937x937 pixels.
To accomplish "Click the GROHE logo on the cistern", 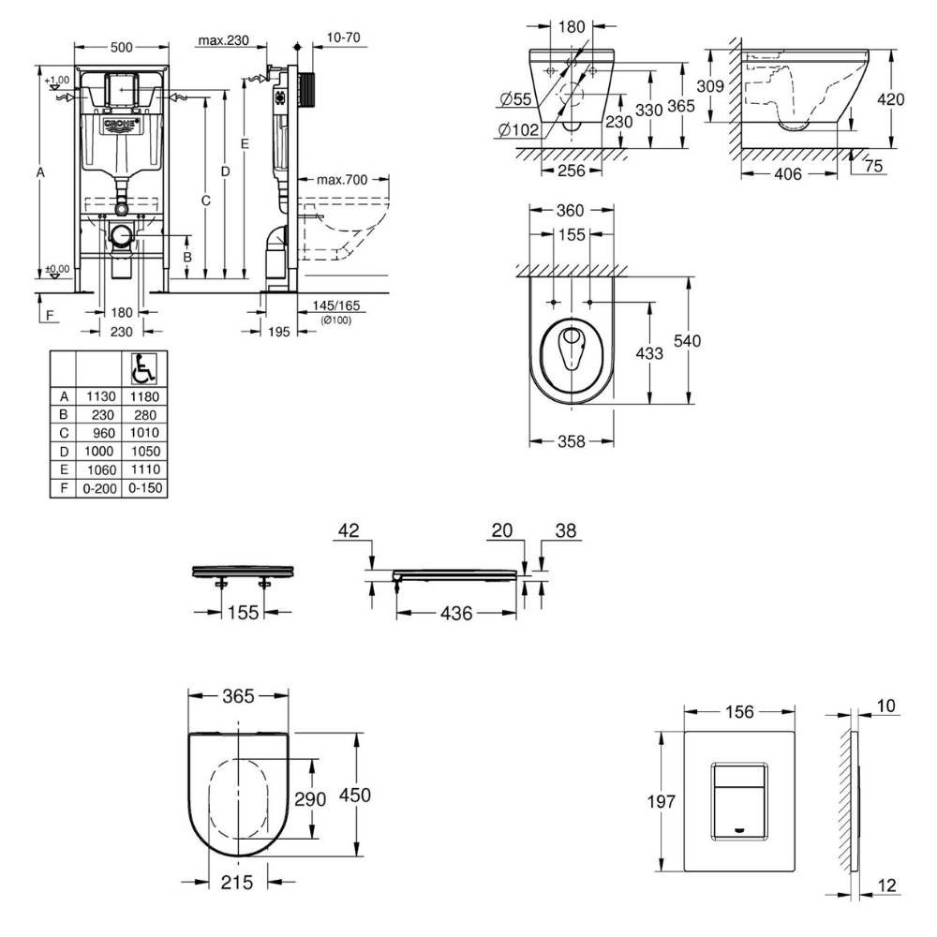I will click(x=121, y=124).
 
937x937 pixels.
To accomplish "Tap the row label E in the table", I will click(x=62, y=469).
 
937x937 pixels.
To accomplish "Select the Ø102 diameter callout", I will click(x=517, y=130).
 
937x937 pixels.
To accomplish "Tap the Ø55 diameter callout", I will click(x=517, y=98).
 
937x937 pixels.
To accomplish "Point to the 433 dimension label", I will click(x=649, y=353).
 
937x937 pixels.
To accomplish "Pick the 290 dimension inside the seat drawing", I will click(x=311, y=799).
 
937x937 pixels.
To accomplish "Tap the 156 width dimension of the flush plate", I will click(x=740, y=711).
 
